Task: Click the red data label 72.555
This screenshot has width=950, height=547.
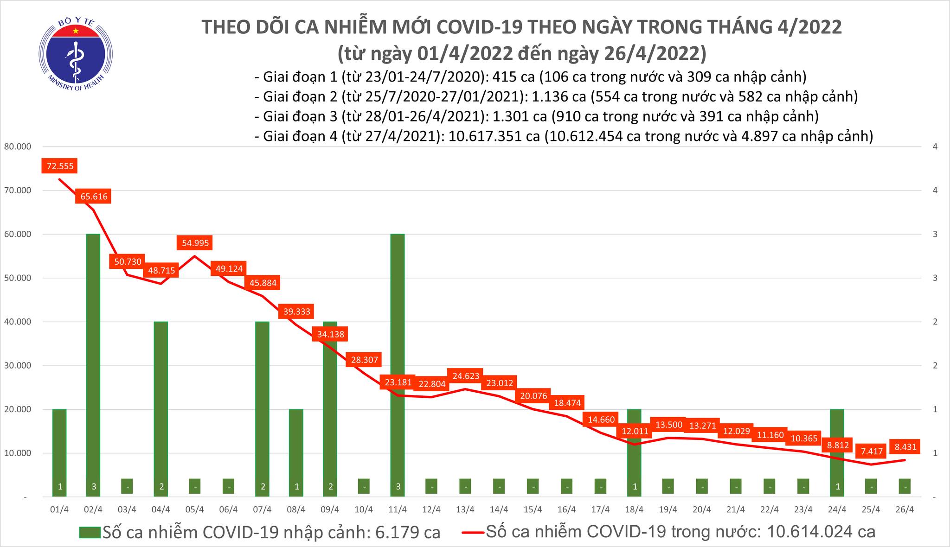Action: pyautogui.click(x=60, y=165)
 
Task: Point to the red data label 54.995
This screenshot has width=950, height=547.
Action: pyautogui.click(x=195, y=242)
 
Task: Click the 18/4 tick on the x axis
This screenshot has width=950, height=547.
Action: pyautogui.click(x=634, y=509)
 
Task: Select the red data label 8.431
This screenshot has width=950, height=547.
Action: pyautogui.click(x=905, y=447)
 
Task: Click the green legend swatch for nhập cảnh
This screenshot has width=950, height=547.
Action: pyautogui.click(x=90, y=532)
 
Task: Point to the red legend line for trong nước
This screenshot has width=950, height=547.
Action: pyautogui.click(x=473, y=532)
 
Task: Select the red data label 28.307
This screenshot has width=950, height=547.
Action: pyautogui.click(x=365, y=359)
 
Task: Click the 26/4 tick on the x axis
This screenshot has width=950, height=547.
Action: pyautogui.click(x=905, y=509)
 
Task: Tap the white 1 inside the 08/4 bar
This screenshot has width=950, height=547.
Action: pyautogui.click(x=296, y=487)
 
